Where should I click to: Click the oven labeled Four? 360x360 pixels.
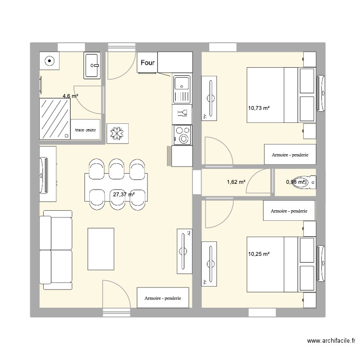pos(147,63)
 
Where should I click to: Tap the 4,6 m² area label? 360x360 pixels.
pos(70,96)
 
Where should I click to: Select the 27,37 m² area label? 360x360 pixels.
pos(123,194)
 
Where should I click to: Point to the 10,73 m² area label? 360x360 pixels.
pos(259,108)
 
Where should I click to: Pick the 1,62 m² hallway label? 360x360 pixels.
pos(236,182)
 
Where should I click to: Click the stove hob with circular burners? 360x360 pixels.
pos(182,134)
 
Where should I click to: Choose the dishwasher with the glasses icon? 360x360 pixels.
pos(182,114)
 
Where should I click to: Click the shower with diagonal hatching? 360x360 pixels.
pos(55,119)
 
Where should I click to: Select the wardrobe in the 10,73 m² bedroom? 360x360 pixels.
pos(289,155)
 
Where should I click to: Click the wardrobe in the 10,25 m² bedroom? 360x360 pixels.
pos(289,211)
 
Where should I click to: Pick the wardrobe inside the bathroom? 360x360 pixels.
pos(85,130)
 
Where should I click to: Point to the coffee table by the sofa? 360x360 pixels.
pos(101,249)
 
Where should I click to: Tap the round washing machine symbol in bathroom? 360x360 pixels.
pos(49,61)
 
